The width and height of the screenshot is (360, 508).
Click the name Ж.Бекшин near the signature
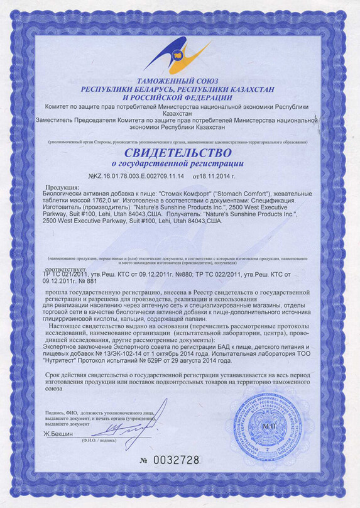pos(58,434)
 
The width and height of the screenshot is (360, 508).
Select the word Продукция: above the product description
pos(62,187)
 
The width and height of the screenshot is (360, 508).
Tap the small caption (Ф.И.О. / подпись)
pos(99,441)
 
